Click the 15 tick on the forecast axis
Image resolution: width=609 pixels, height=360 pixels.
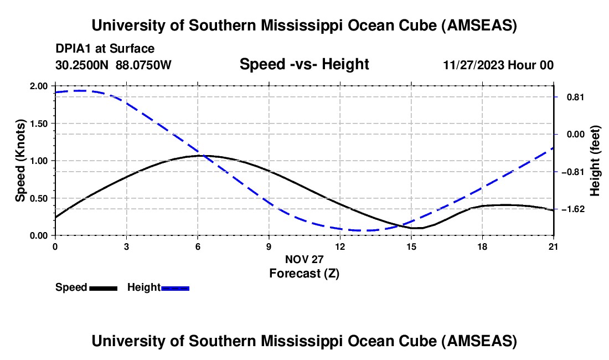click(411, 246)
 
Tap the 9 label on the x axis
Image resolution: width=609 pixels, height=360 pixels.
click(269, 246)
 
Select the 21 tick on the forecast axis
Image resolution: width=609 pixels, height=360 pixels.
click(554, 246)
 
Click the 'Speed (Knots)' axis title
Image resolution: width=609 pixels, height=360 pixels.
click(20, 161)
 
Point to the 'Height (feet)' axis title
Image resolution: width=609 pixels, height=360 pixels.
click(595, 161)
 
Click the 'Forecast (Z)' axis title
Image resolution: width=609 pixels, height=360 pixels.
click(304, 273)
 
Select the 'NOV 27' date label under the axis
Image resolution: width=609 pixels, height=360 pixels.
click(304, 259)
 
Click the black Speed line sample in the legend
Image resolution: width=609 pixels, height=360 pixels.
click(103, 288)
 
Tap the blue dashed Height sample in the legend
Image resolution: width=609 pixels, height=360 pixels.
click(175, 288)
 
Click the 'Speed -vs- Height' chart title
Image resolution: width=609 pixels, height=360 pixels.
click(304, 64)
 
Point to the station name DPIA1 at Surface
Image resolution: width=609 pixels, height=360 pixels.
click(105, 49)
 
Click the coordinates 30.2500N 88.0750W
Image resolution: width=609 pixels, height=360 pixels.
click(113, 65)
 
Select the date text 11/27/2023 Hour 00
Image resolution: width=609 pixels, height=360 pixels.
click(498, 65)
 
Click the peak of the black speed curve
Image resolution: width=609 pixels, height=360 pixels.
click(202, 156)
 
